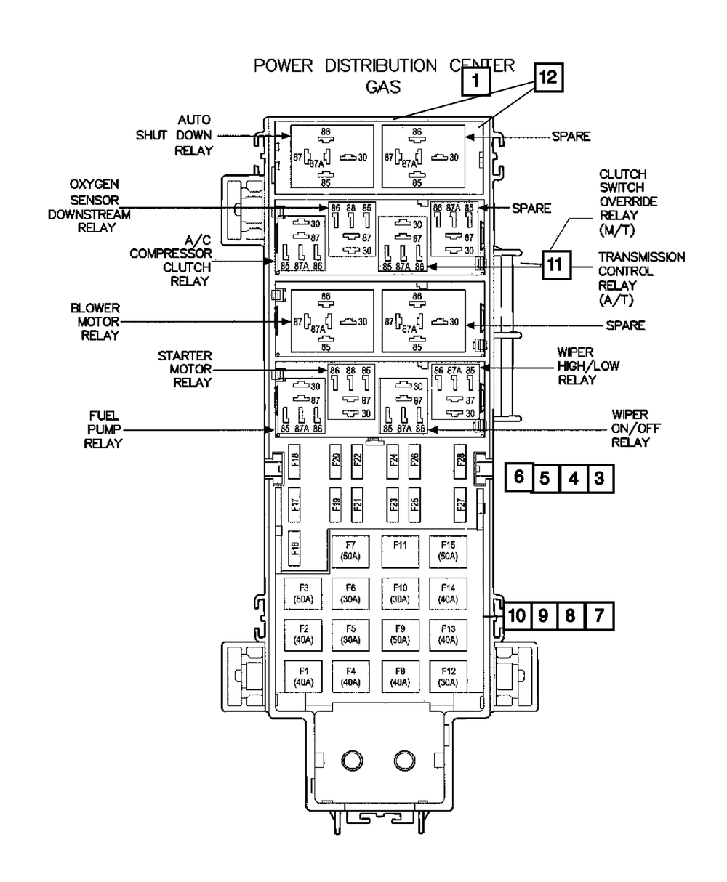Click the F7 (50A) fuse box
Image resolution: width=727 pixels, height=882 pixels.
click(x=350, y=550)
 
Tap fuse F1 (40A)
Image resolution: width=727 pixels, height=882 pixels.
click(x=302, y=675)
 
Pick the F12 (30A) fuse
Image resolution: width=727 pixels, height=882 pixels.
click(x=448, y=675)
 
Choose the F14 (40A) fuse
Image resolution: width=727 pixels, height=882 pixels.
click(x=448, y=594)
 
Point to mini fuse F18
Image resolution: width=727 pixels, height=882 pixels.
click(x=294, y=461)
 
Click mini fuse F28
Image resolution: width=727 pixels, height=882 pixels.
click(x=460, y=461)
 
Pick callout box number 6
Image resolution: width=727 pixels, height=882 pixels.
click(x=518, y=477)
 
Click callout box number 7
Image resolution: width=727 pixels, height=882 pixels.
click(x=598, y=616)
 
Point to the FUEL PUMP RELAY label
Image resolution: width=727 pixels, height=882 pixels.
click(x=104, y=429)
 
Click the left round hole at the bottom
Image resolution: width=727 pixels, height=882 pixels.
click(x=351, y=760)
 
